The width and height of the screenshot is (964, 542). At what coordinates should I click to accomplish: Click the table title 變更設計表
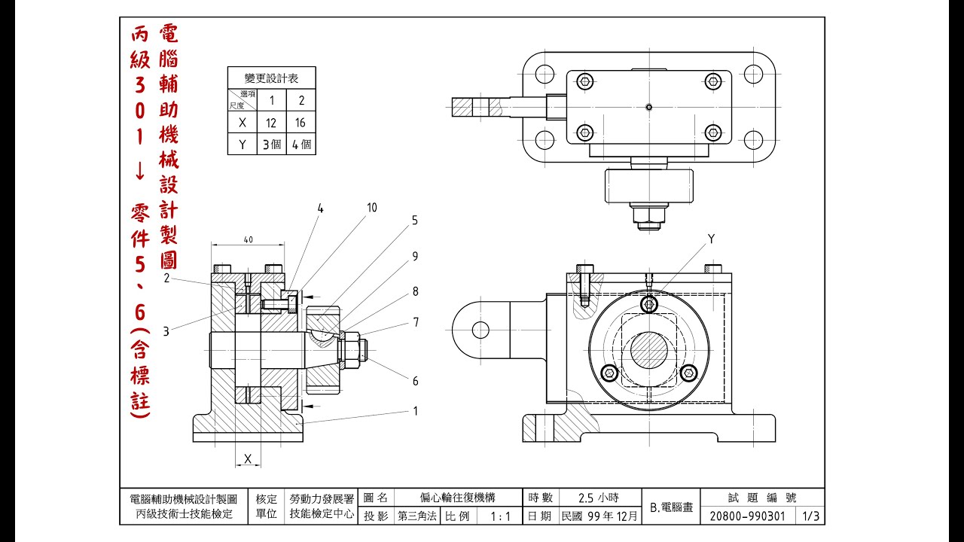tap(271, 78)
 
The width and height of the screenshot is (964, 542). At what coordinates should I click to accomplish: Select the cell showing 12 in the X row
tap(271, 123)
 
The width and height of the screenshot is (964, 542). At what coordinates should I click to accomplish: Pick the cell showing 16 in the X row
tap(300, 123)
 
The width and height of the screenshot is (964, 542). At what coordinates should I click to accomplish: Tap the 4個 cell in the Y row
tap(300, 144)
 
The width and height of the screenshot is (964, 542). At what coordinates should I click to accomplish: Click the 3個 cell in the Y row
tap(271, 144)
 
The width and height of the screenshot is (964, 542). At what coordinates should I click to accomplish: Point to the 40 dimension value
tap(249, 239)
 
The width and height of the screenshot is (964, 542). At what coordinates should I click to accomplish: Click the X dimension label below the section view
tap(248, 459)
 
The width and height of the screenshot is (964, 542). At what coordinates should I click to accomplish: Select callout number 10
tap(372, 208)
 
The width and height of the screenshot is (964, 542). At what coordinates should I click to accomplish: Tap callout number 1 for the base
tap(415, 411)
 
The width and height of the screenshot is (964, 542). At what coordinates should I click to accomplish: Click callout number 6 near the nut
tap(415, 381)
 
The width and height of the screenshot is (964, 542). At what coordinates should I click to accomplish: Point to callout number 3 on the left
tap(166, 331)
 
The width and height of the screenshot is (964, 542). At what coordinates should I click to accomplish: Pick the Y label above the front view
tap(711, 239)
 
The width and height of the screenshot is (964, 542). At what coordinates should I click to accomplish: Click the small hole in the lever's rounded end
tap(480, 330)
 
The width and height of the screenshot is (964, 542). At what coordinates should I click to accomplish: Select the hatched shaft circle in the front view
tap(649, 350)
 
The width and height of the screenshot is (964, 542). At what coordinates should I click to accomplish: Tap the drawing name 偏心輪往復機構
tap(457, 498)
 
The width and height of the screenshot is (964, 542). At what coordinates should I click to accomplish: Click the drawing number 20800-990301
tap(748, 516)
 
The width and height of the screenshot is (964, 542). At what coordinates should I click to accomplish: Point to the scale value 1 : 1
tap(500, 516)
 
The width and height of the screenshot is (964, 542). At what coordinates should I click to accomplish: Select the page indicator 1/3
tap(811, 516)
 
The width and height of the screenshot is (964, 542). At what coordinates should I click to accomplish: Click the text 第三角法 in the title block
tap(417, 516)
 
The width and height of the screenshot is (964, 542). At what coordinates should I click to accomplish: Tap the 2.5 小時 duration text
tap(598, 498)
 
